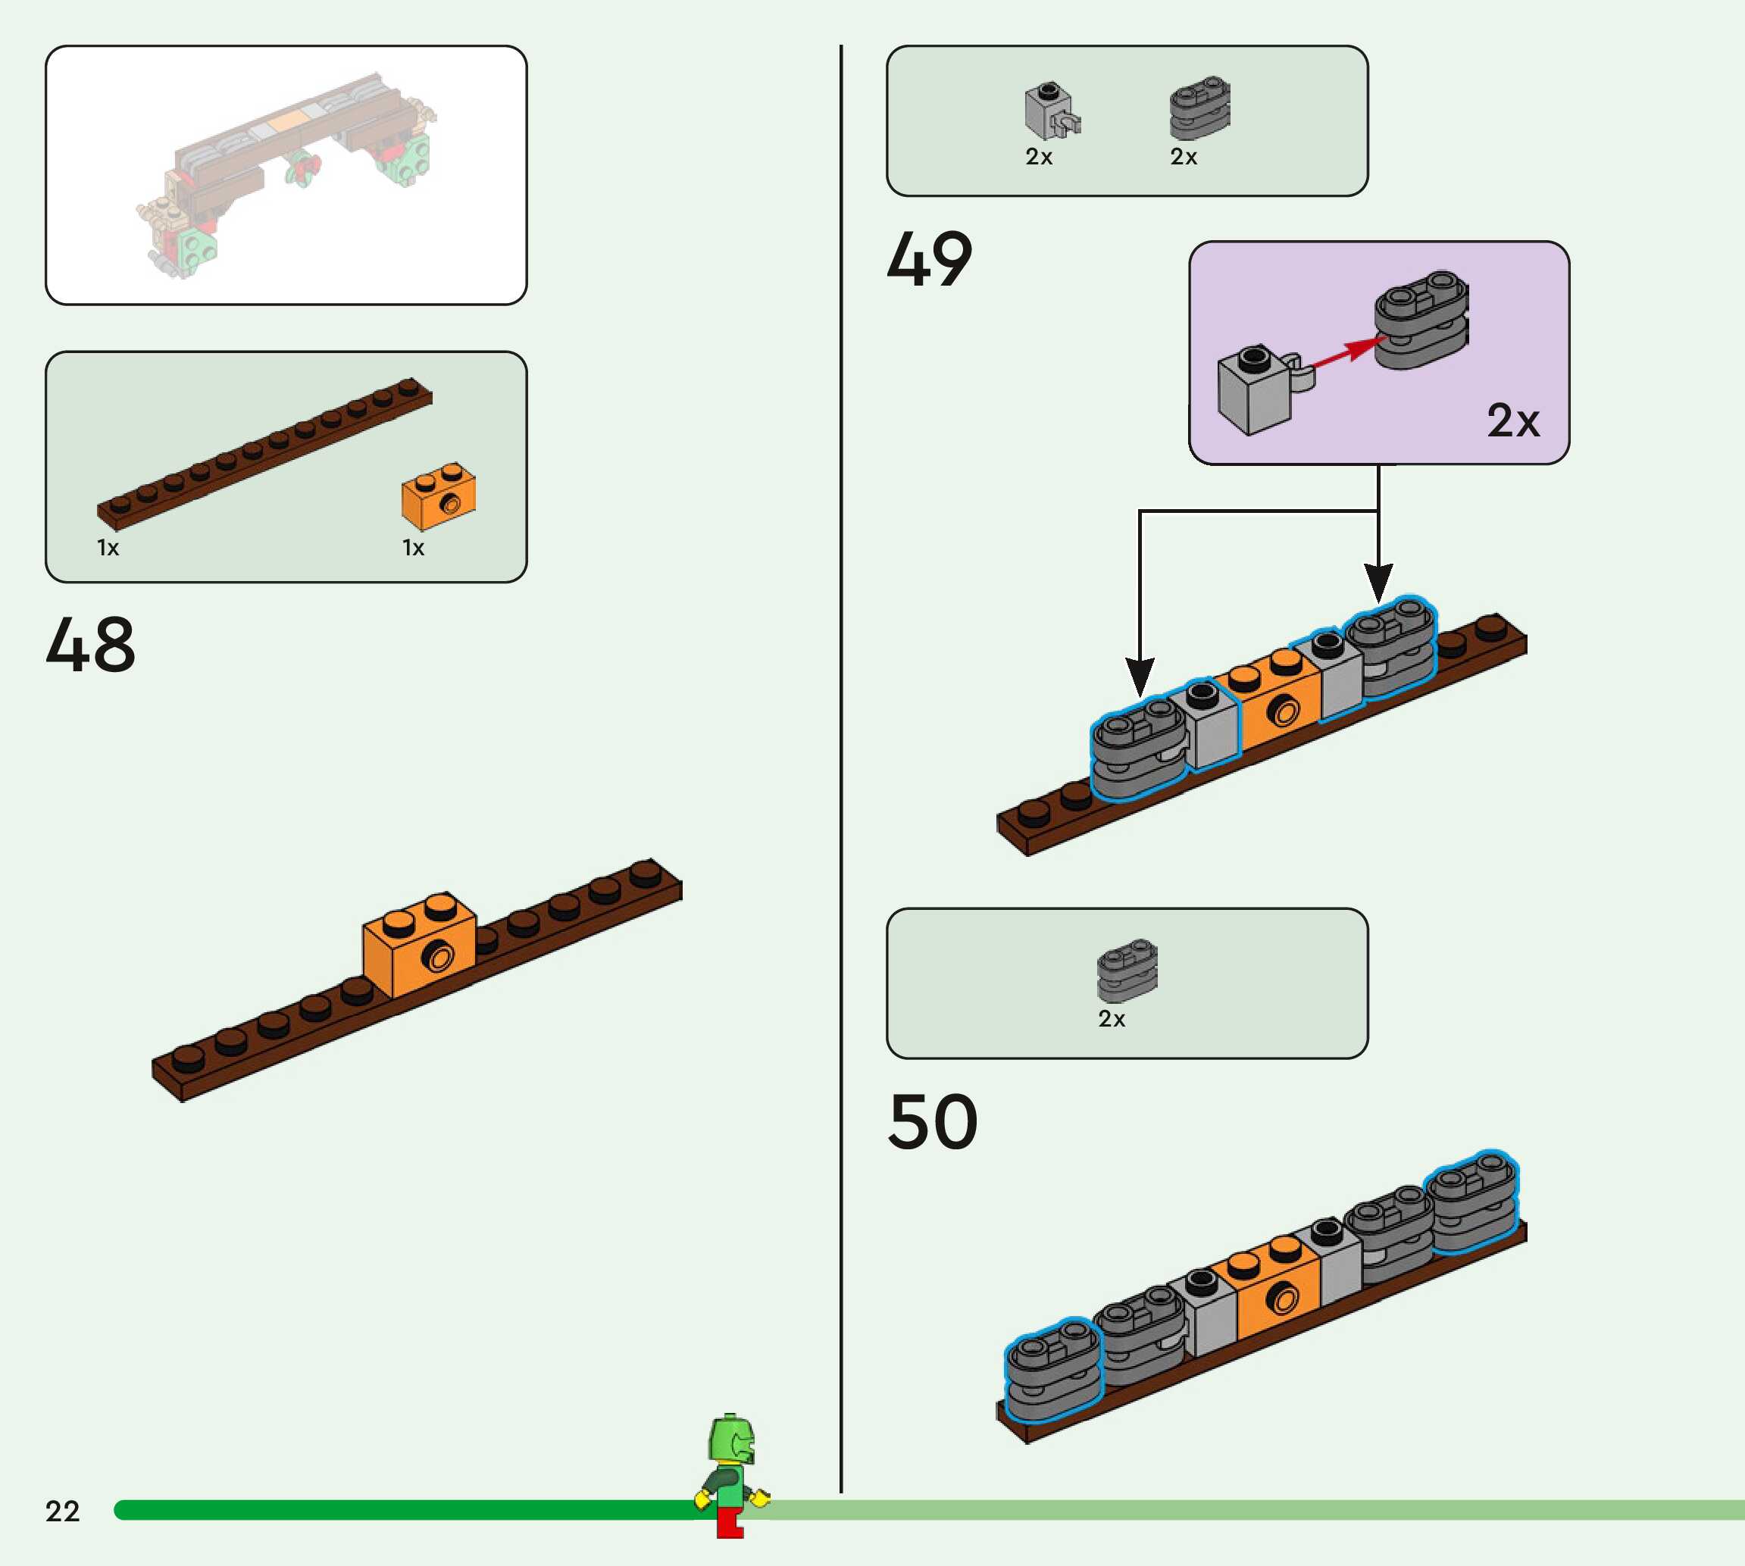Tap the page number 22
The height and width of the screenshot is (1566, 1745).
62,1511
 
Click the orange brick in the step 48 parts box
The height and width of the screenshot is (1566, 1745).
438,495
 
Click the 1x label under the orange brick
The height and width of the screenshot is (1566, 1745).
413,548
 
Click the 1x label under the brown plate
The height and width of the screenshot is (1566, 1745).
108,548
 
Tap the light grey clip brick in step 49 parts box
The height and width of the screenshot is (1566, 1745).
1052,111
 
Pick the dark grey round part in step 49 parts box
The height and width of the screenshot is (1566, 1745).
1199,108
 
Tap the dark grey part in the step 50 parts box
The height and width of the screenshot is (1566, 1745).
1127,971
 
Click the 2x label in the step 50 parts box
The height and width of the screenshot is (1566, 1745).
1112,1019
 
